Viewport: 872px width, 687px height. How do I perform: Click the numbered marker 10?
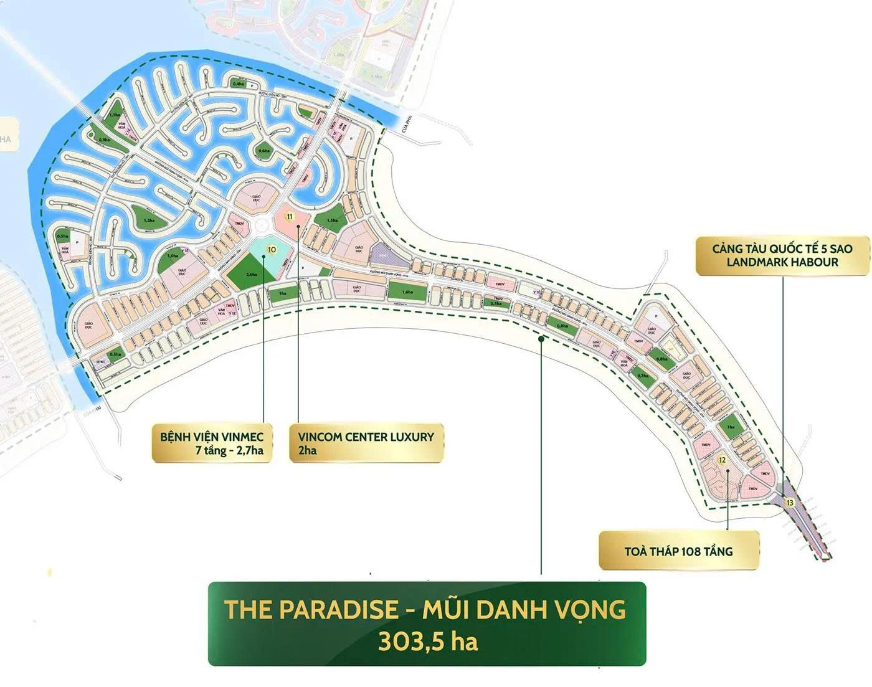tap(270, 250)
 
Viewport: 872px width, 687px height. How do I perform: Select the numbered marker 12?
tap(723, 460)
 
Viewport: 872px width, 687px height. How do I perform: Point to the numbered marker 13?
tap(790, 502)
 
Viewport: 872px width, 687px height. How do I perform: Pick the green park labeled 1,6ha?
tap(407, 291)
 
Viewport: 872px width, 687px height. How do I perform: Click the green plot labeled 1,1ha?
tap(114, 115)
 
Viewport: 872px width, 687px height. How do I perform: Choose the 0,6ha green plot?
tap(265, 150)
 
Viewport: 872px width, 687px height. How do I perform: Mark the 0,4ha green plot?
tap(238, 84)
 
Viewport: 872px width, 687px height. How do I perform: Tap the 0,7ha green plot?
tap(643, 376)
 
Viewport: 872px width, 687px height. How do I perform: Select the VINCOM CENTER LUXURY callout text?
tap(366, 436)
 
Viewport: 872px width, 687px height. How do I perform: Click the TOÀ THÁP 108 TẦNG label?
tap(678, 551)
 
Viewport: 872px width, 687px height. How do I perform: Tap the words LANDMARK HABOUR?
tap(782, 262)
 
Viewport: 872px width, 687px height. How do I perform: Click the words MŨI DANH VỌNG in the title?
tap(523, 609)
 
